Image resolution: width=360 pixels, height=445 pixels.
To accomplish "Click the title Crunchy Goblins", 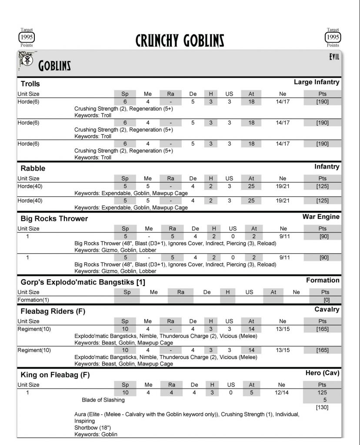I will click(x=180, y=40).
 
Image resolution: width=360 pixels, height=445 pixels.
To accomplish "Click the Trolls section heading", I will click(x=30, y=84).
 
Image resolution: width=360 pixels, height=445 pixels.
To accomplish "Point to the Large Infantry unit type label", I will click(x=317, y=82).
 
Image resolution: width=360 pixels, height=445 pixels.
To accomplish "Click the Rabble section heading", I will click(x=33, y=168).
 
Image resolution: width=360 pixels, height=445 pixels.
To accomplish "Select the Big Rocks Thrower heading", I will click(x=54, y=219).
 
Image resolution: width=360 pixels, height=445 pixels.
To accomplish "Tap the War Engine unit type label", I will click(x=321, y=216).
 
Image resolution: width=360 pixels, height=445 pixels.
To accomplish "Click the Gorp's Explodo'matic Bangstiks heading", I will click(x=83, y=282).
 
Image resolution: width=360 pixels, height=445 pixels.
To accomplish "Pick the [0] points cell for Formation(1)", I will click(x=322, y=300).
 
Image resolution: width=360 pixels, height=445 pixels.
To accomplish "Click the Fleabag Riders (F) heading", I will click(x=53, y=312).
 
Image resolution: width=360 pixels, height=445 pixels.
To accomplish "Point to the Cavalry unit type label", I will click(x=327, y=309).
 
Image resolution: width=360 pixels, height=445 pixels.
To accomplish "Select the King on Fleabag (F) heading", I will click(x=55, y=375).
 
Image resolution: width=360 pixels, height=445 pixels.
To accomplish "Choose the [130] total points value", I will click(x=322, y=407).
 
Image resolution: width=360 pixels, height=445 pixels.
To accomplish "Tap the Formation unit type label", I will click(x=323, y=280).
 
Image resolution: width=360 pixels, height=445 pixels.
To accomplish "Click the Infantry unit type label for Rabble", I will click(x=327, y=166).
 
